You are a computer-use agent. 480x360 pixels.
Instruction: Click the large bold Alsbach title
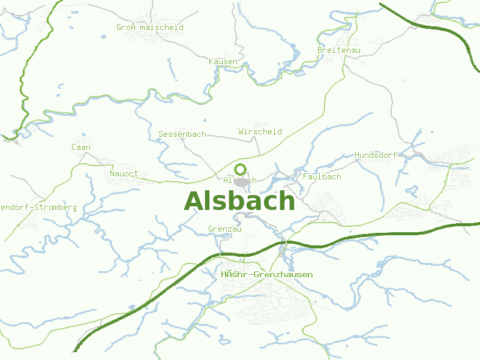[239, 201]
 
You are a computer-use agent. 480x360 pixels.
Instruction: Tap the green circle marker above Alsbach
[241, 169]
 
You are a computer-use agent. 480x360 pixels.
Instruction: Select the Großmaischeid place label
[150, 27]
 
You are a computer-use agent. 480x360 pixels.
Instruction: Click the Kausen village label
[223, 61]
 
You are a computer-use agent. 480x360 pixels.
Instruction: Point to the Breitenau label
[339, 50]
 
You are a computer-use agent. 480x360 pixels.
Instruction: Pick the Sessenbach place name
[182, 134]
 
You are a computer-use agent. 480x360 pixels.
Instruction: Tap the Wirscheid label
[260, 131]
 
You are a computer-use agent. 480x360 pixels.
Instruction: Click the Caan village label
[81, 147]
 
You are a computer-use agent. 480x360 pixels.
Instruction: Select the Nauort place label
[124, 174]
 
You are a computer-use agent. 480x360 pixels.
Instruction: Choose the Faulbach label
[322, 176]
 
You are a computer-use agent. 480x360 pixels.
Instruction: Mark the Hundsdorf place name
[376, 155]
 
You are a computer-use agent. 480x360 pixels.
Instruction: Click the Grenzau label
[224, 229]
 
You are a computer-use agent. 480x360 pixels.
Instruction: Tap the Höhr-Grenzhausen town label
[266, 274]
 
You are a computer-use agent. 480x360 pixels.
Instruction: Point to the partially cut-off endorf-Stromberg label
[38, 207]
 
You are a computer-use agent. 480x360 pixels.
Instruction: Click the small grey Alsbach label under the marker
[239, 180]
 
